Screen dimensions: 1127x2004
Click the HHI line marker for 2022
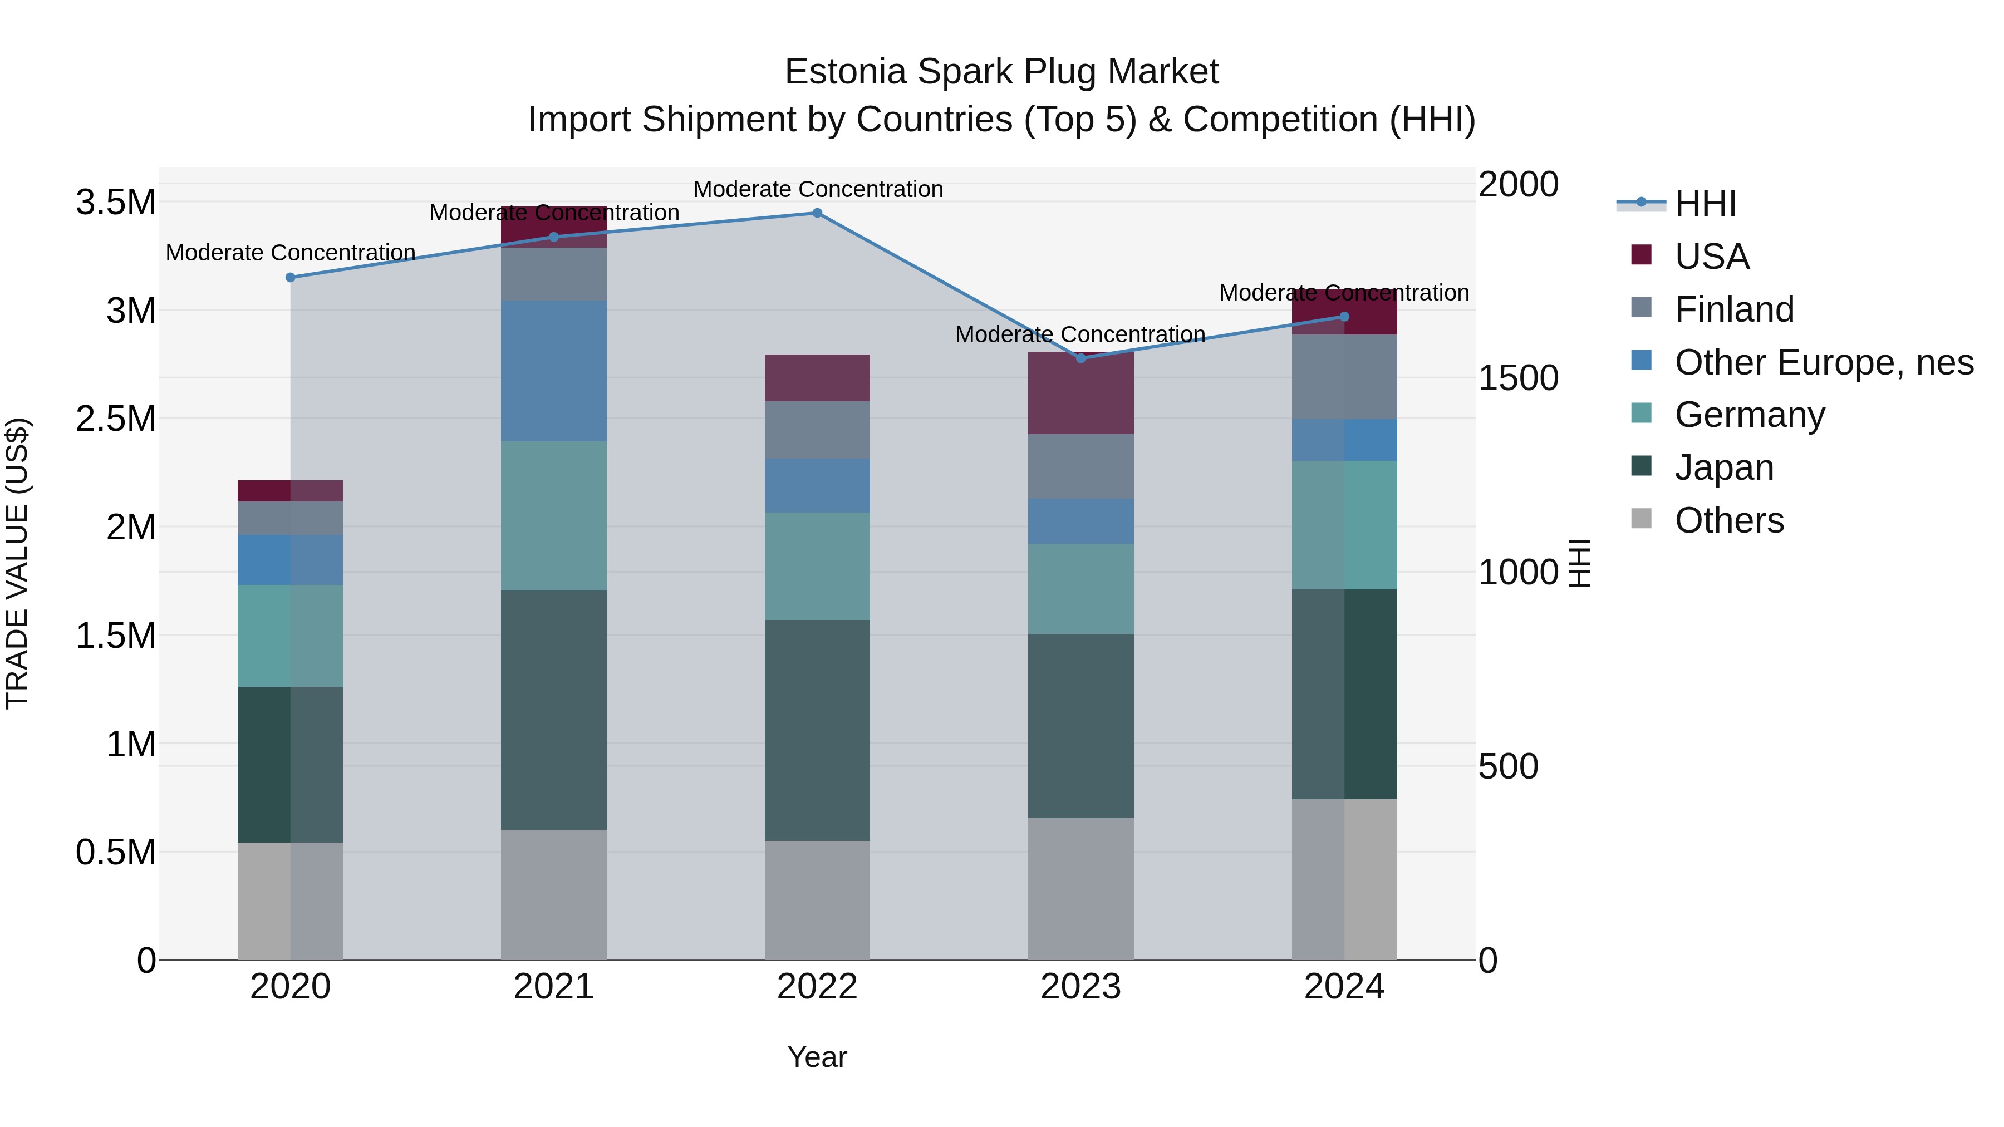[817, 213]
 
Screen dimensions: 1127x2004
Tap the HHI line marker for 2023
[1080, 358]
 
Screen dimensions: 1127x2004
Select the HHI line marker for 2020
[290, 278]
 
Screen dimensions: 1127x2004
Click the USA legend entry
[1712, 257]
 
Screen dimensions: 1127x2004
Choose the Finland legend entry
[1734, 309]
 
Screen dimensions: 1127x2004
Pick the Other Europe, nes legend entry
[1824, 362]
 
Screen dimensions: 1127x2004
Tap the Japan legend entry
[1724, 467]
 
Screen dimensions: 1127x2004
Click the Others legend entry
[1728, 520]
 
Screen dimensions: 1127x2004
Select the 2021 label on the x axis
[554, 987]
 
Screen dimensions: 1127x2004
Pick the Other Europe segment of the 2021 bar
[554, 371]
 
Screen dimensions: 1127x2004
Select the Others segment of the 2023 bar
[1080, 888]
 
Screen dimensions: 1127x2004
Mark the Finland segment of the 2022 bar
[817, 430]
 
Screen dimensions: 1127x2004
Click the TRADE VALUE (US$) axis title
[17, 563]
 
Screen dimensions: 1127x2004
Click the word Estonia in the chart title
[846, 72]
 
